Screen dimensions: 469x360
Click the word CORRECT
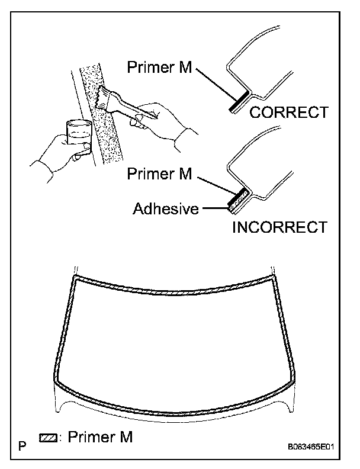(288, 113)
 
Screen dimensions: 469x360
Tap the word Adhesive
(166, 209)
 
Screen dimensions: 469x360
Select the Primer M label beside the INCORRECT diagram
(158, 175)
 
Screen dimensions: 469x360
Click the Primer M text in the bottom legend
(100, 438)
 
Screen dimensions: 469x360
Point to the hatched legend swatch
(47, 439)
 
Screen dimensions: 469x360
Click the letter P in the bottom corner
(22, 444)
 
